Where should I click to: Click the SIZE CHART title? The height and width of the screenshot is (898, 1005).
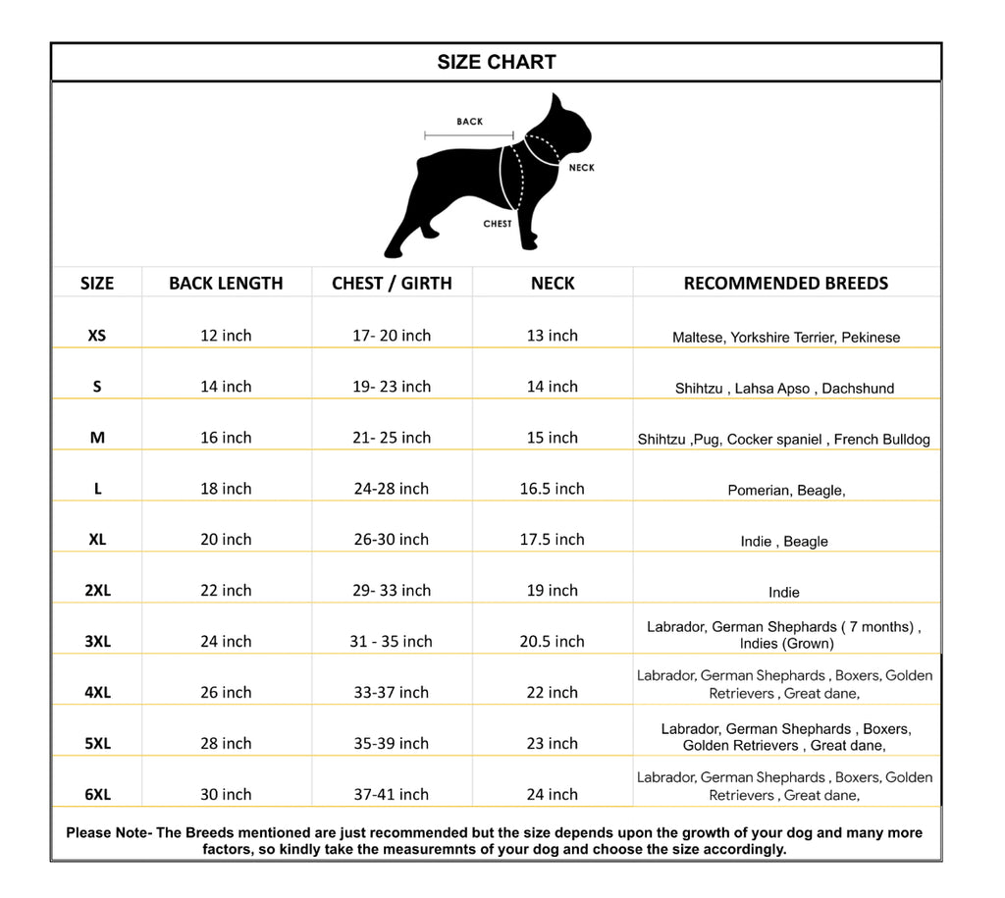pos(497,62)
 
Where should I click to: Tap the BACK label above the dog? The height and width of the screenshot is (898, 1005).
pos(470,122)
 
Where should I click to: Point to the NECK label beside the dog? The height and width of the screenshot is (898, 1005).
pos(582,168)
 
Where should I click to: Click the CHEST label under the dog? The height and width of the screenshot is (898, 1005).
pos(498,224)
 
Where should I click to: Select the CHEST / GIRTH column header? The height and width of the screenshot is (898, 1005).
pos(392,283)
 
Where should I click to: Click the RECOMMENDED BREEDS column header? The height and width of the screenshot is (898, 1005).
pos(785,283)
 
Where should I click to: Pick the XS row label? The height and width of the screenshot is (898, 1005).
pos(97,336)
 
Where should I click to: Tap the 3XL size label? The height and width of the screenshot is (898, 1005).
pos(97,642)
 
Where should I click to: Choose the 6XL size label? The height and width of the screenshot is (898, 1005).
pos(97,795)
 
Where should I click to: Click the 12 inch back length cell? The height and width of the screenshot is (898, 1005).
pos(226,336)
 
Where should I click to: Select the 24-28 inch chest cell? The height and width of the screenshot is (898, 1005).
pos(392,489)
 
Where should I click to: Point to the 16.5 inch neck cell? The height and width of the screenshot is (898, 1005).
pos(552,489)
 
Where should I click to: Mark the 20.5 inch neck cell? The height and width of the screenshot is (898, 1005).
pos(552,642)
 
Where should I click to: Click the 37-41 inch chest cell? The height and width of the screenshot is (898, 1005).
pos(392,795)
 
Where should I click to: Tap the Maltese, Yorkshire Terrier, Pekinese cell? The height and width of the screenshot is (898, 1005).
pos(785,338)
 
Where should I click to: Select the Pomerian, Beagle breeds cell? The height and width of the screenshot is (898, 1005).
pos(785,491)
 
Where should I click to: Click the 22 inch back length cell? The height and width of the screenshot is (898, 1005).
pos(226,591)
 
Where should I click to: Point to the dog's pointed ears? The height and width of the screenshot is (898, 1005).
pos(556,103)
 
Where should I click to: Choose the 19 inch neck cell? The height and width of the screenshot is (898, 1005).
pos(552,591)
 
